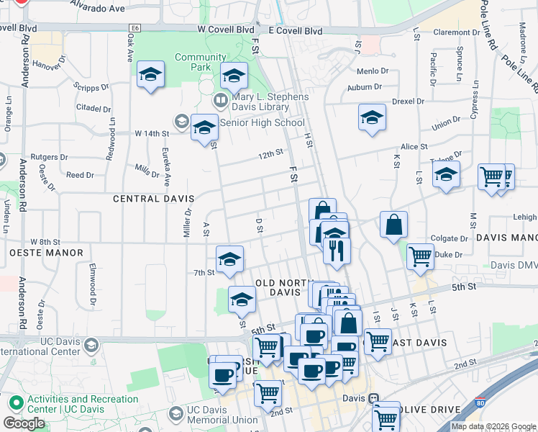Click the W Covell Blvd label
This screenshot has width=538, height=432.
point(226,31)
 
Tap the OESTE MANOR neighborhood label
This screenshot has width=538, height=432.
point(47,253)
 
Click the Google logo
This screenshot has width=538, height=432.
point(24,423)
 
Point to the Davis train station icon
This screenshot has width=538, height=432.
point(373,398)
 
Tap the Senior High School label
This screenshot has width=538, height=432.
point(262,122)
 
